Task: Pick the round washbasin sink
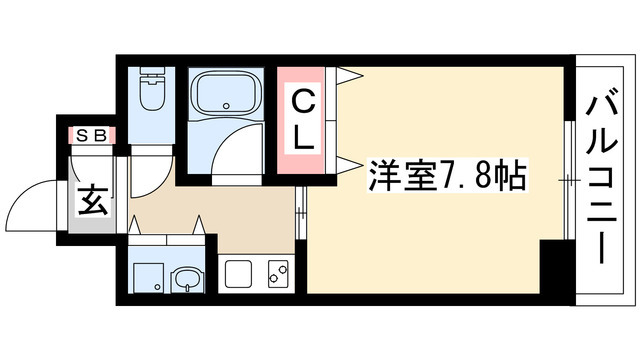(x=184, y=279)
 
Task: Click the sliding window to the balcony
(x=568, y=180)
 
